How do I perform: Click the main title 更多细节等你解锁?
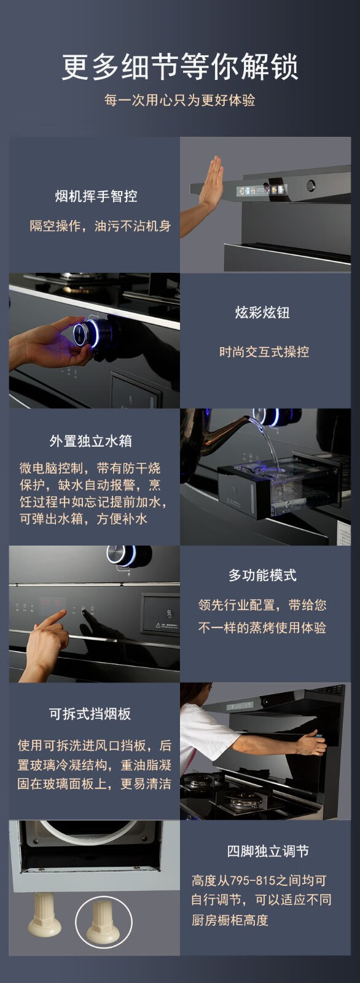tap(180, 66)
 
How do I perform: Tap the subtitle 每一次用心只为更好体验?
tap(180, 100)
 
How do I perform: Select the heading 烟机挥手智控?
tap(96, 196)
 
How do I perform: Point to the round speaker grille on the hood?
tap(311, 186)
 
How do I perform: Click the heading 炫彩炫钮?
tap(262, 313)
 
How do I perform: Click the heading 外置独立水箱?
tap(91, 441)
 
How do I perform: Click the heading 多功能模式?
tap(262, 575)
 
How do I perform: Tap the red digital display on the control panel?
tap(52, 603)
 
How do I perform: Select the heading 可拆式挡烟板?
tap(90, 714)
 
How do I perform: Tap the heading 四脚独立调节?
tap(268, 852)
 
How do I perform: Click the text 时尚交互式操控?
tap(264, 351)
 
